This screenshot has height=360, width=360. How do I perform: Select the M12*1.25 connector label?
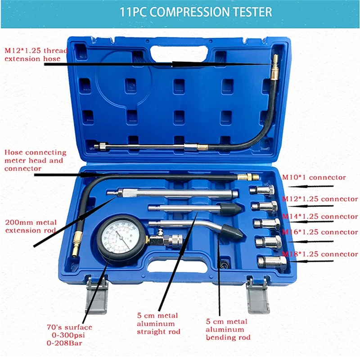[x=320, y=199]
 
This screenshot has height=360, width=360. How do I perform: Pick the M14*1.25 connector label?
[x=320, y=216]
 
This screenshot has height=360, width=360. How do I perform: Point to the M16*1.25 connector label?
[x=320, y=232]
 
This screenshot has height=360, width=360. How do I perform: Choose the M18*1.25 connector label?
[x=320, y=254]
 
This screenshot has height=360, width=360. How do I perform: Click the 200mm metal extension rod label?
[x=30, y=226]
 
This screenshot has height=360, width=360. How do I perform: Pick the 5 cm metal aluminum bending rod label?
[x=227, y=329]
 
